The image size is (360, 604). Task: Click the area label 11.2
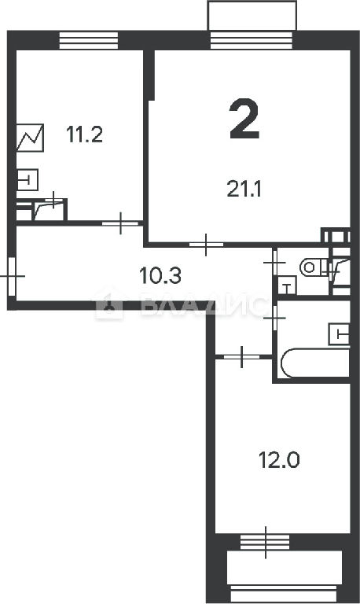point(84,134)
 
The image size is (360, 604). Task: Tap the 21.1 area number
point(244,190)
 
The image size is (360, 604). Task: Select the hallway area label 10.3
point(160,276)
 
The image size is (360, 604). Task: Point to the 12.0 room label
point(279,460)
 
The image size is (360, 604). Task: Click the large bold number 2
point(244,119)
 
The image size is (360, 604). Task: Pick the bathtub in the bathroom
point(315,363)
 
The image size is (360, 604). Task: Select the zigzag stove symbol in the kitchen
point(30,138)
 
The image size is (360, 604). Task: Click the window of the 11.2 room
point(89,40)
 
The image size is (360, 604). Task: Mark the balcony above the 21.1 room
point(252,16)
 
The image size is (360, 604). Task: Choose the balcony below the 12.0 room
point(285,567)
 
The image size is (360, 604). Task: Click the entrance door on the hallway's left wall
point(12,276)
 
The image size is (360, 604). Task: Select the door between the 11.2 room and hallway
point(120,223)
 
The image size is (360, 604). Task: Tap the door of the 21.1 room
point(206,245)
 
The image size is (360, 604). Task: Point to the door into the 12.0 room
point(242,357)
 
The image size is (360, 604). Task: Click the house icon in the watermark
point(109,304)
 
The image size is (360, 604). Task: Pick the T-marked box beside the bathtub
point(340,334)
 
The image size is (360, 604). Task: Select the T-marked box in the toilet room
point(287,285)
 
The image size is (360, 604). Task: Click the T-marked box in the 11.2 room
point(28,179)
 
